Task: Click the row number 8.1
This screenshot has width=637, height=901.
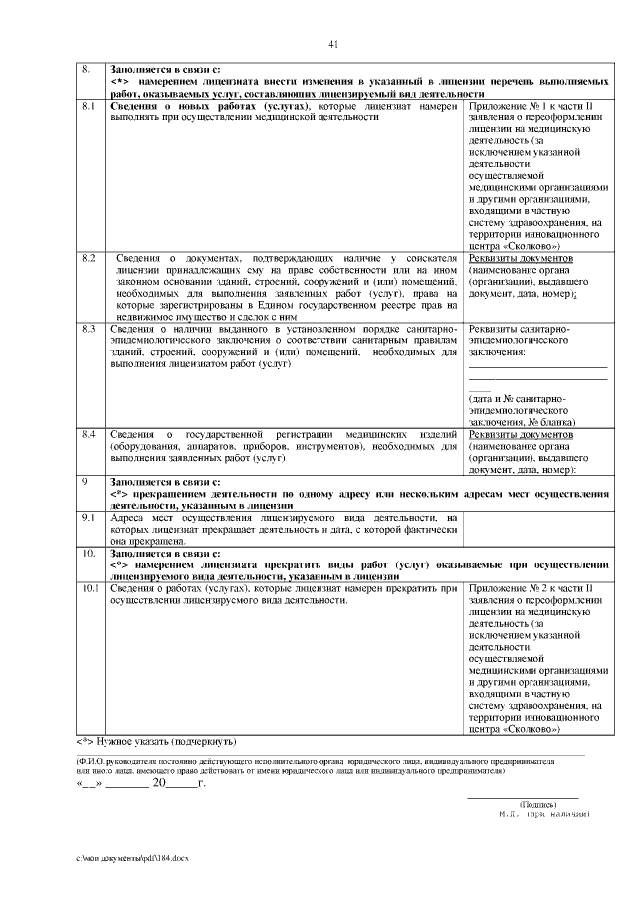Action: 87,105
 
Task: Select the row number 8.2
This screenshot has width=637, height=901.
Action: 87,258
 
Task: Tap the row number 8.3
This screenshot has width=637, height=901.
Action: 87,328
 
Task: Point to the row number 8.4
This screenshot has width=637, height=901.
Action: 87,435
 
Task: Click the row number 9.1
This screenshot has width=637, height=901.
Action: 87,518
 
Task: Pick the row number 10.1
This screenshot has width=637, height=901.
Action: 89,588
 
